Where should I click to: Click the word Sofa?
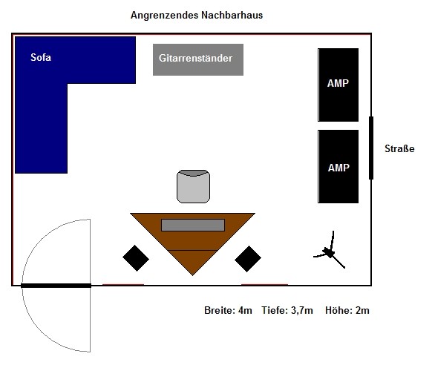click(x=41, y=57)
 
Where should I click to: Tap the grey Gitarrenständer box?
click(x=198, y=59)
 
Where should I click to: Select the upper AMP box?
click(x=338, y=85)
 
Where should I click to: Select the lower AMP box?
click(x=338, y=166)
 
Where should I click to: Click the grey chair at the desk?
click(x=193, y=186)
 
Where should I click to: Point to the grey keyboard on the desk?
click(x=193, y=225)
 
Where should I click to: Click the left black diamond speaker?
click(x=136, y=258)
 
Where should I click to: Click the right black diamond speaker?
click(x=248, y=259)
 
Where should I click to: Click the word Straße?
click(x=399, y=148)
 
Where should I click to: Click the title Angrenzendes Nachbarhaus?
click(x=197, y=15)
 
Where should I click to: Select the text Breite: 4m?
click(x=228, y=310)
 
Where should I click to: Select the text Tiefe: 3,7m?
click(x=287, y=310)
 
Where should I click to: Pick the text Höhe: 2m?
click(x=347, y=310)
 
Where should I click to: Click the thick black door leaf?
click(x=56, y=286)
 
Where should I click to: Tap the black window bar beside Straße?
click(x=371, y=148)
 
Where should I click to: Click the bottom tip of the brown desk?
click(x=192, y=275)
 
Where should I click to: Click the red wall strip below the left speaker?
click(x=123, y=284)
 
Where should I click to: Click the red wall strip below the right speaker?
click(x=264, y=284)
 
